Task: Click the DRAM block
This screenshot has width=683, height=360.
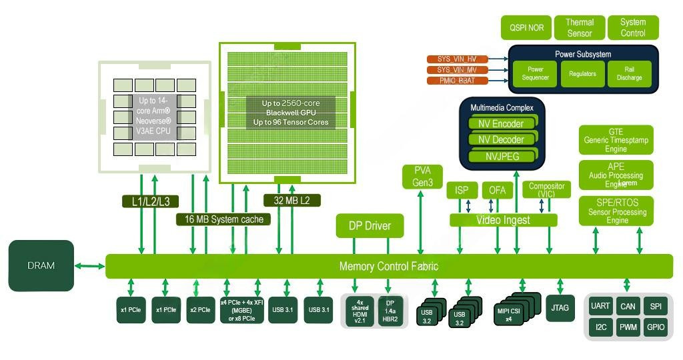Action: point(41,265)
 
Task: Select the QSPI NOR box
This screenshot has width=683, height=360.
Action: point(527,28)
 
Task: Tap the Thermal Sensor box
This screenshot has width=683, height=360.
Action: point(580,28)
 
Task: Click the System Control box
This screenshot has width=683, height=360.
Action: point(633,28)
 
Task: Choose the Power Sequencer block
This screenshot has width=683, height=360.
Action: point(536,73)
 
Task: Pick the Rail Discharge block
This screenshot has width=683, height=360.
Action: point(629,73)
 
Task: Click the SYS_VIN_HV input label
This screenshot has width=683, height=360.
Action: point(458,59)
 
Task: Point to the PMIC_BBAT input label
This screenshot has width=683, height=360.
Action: point(458,81)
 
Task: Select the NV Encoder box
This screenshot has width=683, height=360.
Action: point(501,123)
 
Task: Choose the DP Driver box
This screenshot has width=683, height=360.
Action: point(369,226)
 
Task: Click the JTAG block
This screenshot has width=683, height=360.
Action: point(560,308)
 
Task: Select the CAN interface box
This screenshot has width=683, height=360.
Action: point(628,306)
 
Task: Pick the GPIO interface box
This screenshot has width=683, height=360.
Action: point(656,327)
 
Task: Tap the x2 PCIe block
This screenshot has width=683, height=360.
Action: point(201,310)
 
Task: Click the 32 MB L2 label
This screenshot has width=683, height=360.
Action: point(292,200)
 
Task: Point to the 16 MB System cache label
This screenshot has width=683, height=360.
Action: point(223,219)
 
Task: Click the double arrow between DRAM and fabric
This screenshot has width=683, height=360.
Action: point(89,266)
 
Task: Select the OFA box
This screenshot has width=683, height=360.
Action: point(497,191)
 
